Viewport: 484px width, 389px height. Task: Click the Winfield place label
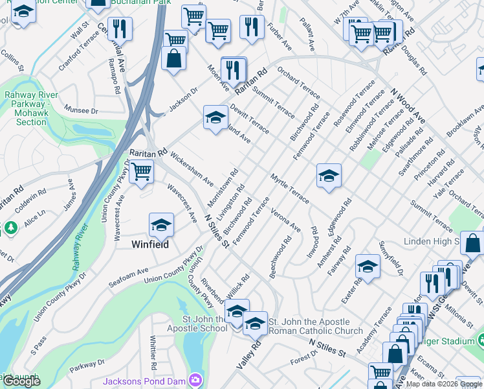(150, 245)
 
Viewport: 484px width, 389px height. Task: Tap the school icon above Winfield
(161, 226)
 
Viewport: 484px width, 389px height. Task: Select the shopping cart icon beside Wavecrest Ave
(140, 172)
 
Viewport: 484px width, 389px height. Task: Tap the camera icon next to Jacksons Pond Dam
(195, 380)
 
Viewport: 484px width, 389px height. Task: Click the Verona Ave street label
(285, 219)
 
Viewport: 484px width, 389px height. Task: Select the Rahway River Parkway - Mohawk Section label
(31, 108)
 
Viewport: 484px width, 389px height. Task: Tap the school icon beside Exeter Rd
(368, 266)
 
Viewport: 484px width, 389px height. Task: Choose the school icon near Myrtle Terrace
(329, 175)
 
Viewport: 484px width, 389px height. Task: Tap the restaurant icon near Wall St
(119, 29)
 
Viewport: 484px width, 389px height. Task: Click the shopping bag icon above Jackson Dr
(173, 58)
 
